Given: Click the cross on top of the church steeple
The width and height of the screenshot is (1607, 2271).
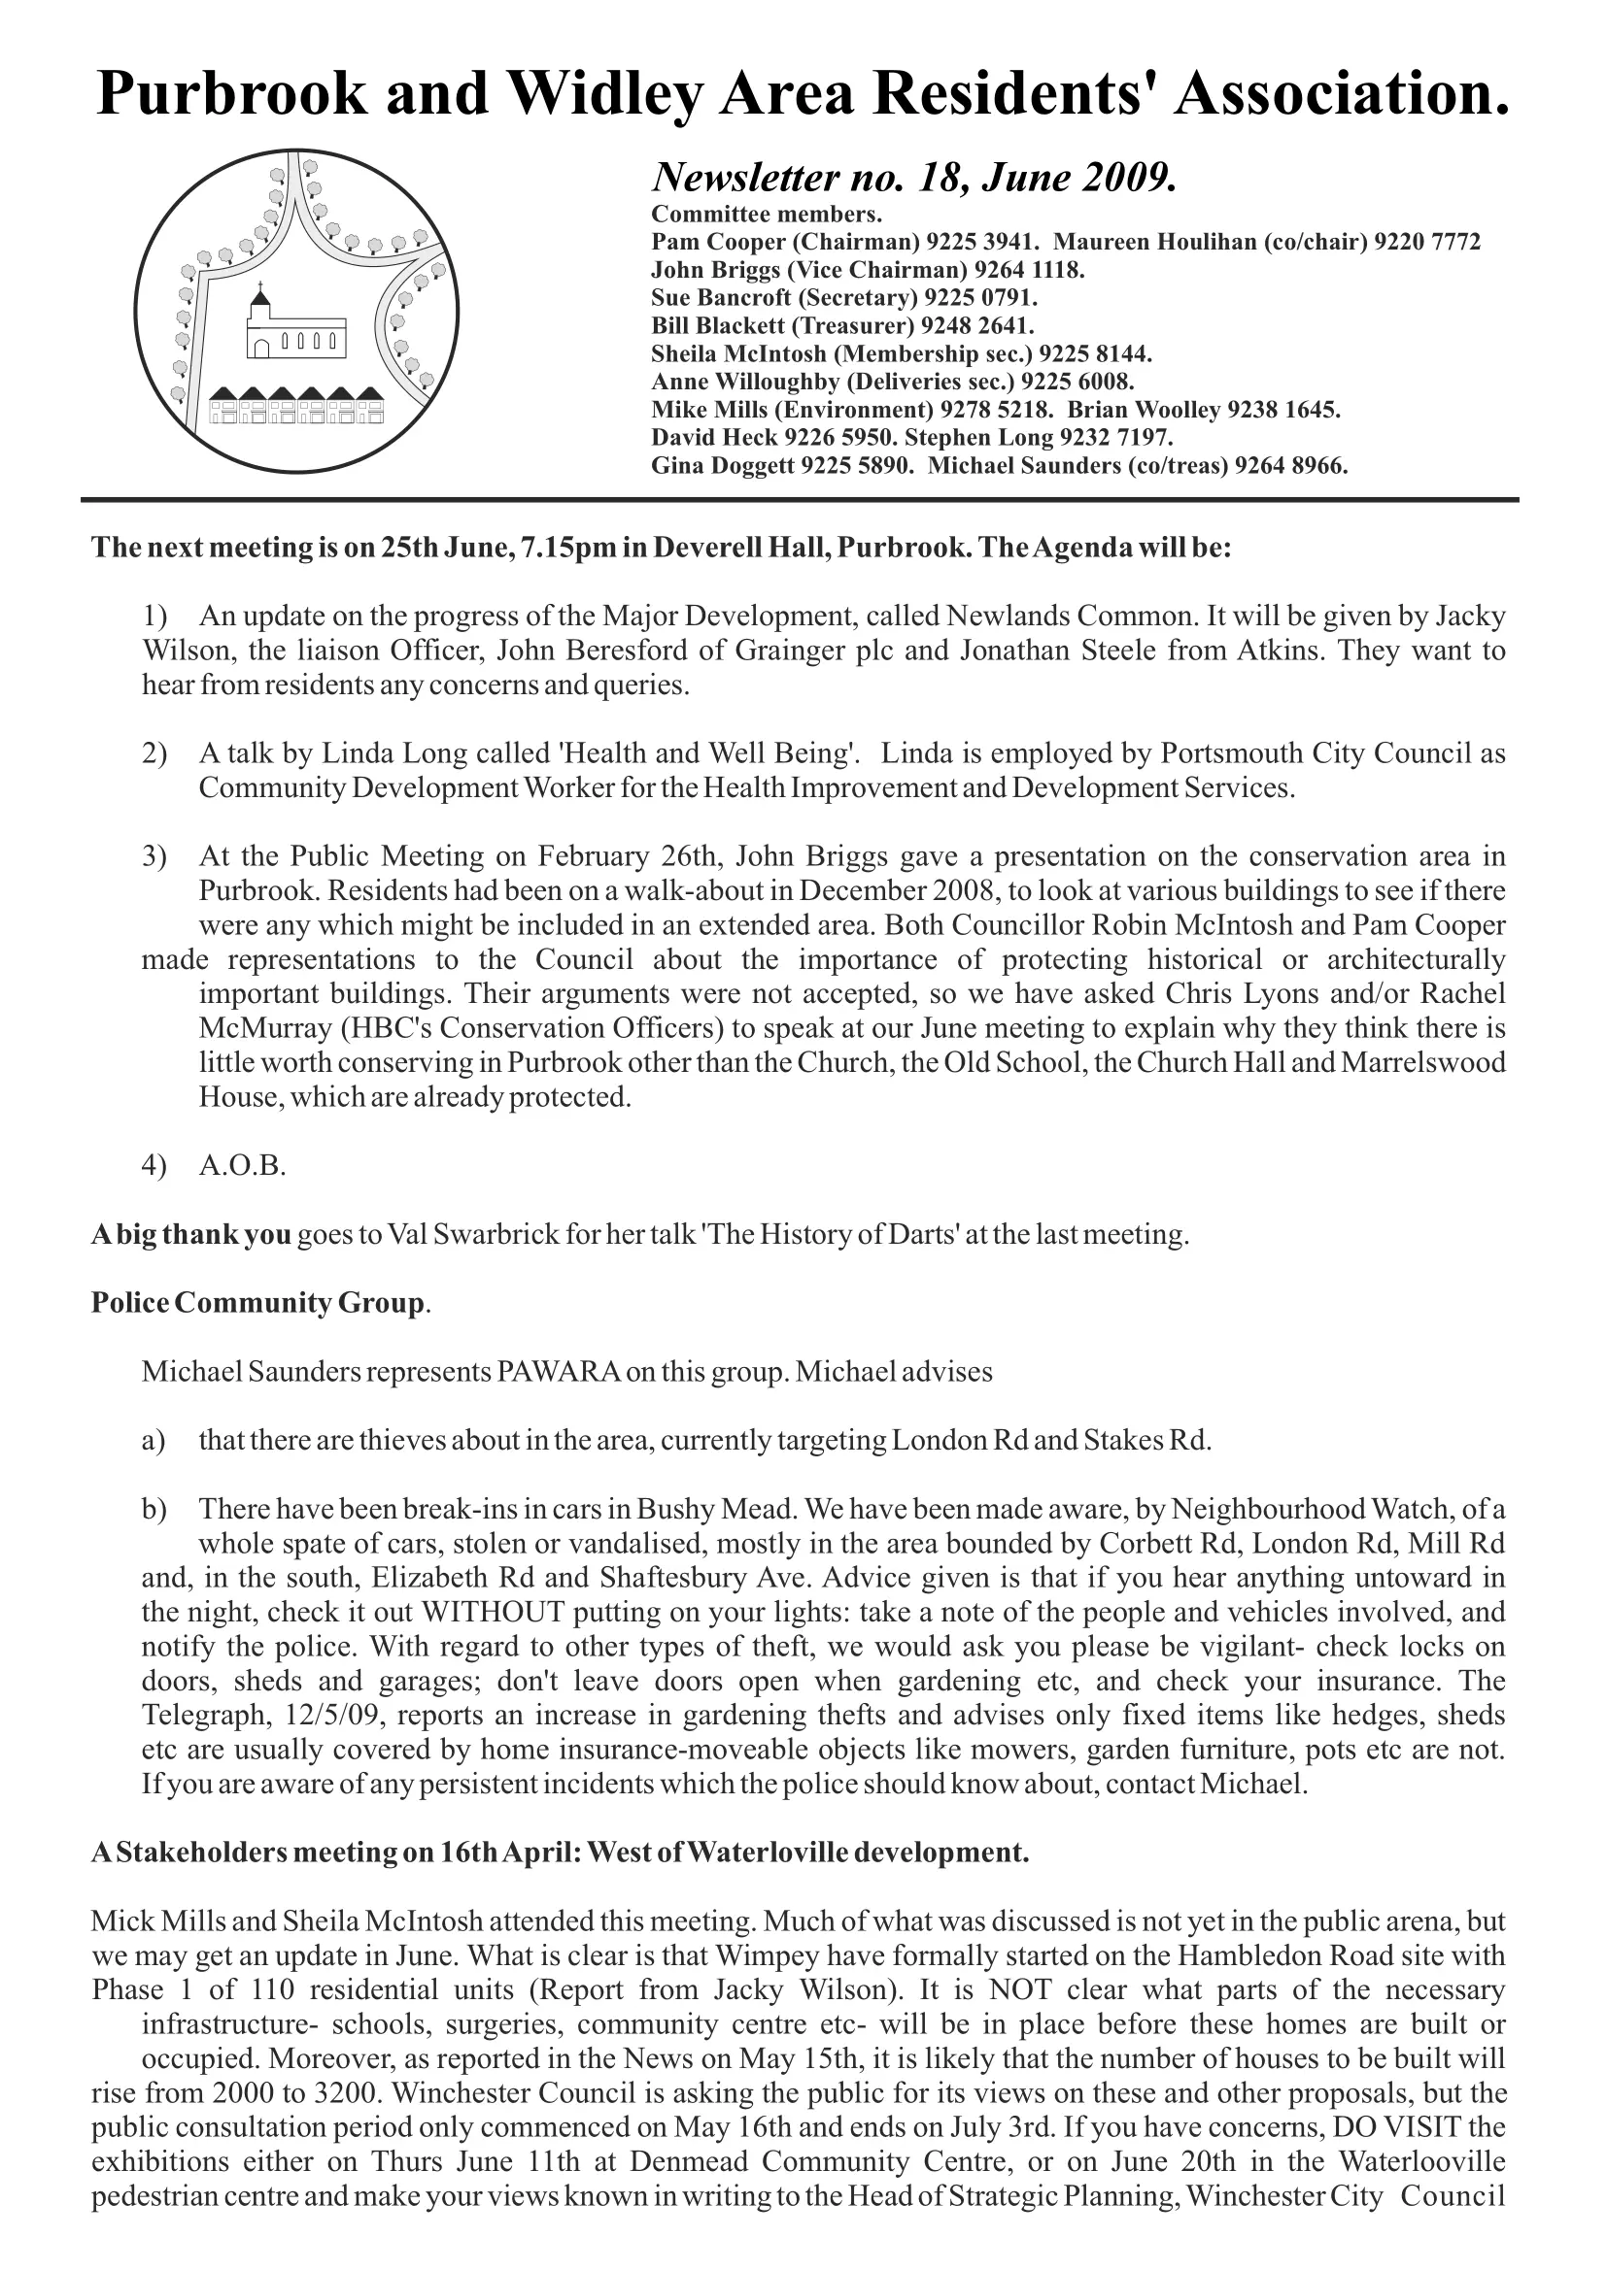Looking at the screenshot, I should tap(260, 285).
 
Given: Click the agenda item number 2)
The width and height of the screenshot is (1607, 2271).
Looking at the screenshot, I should tap(154, 753).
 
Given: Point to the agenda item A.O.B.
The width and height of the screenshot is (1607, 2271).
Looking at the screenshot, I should tap(243, 1166).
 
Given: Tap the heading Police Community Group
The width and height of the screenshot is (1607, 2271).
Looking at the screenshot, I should tap(258, 1303).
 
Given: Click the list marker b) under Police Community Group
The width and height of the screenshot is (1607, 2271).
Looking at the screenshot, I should tap(154, 1510).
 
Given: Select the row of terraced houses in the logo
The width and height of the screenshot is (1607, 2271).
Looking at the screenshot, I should tap(297, 405).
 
